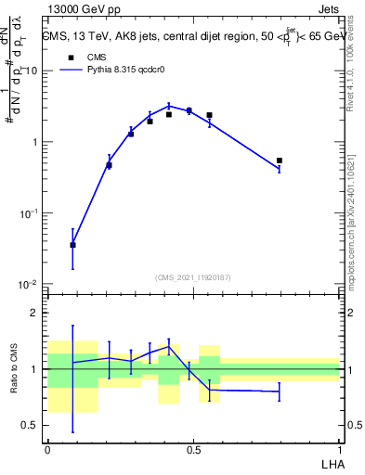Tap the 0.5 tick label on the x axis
[x=193, y=449]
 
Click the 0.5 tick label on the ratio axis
[x=31, y=426]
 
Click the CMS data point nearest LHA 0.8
[x=280, y=160]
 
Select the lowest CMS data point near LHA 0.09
[x=72, y=245]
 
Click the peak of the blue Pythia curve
[x=169, y=105]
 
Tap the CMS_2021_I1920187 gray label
[x=193, y=277]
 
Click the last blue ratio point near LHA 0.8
[x=280, y=392]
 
